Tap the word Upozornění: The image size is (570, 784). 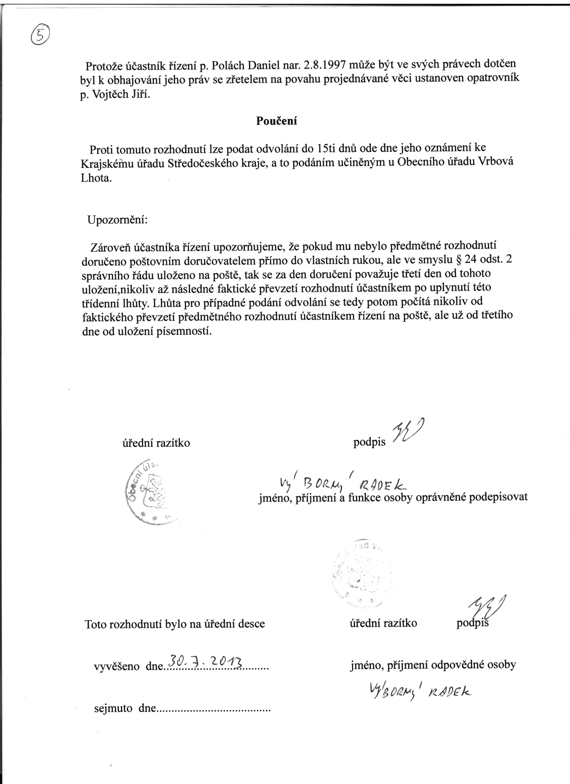tap(118, 220)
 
